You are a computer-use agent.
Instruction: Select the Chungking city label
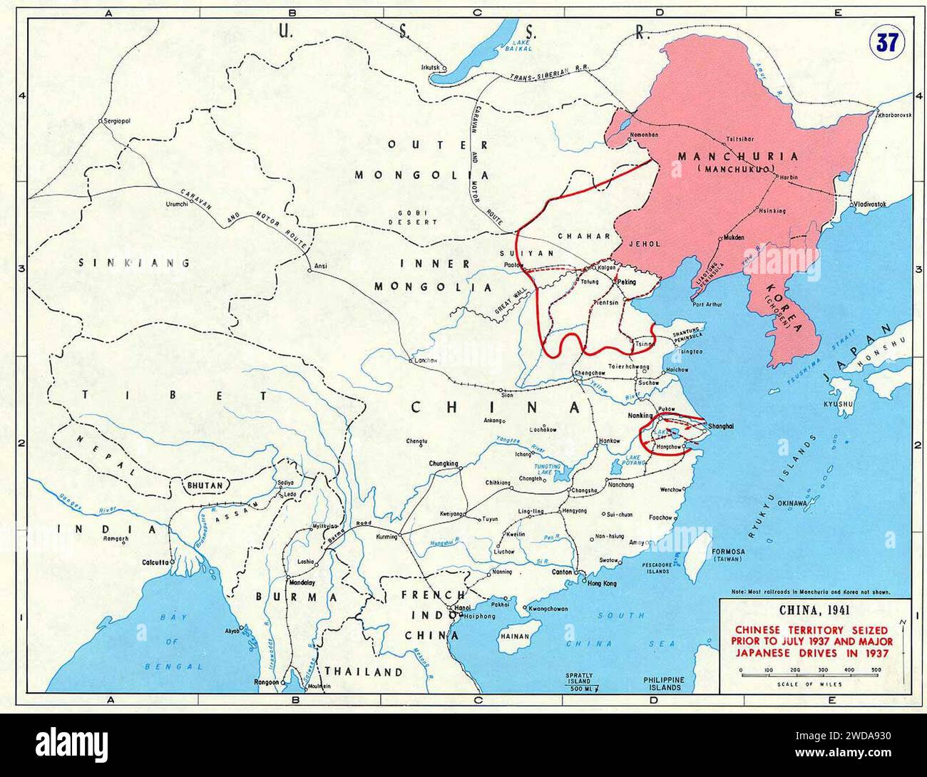click(x=443, y=464)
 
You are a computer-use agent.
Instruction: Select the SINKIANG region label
click(x=135, y=262)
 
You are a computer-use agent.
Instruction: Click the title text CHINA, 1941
click(x=812, y=610)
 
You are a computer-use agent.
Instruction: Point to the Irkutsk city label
click(x=432, y=68)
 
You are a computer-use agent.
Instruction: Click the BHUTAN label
click(x=205, y=485)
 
